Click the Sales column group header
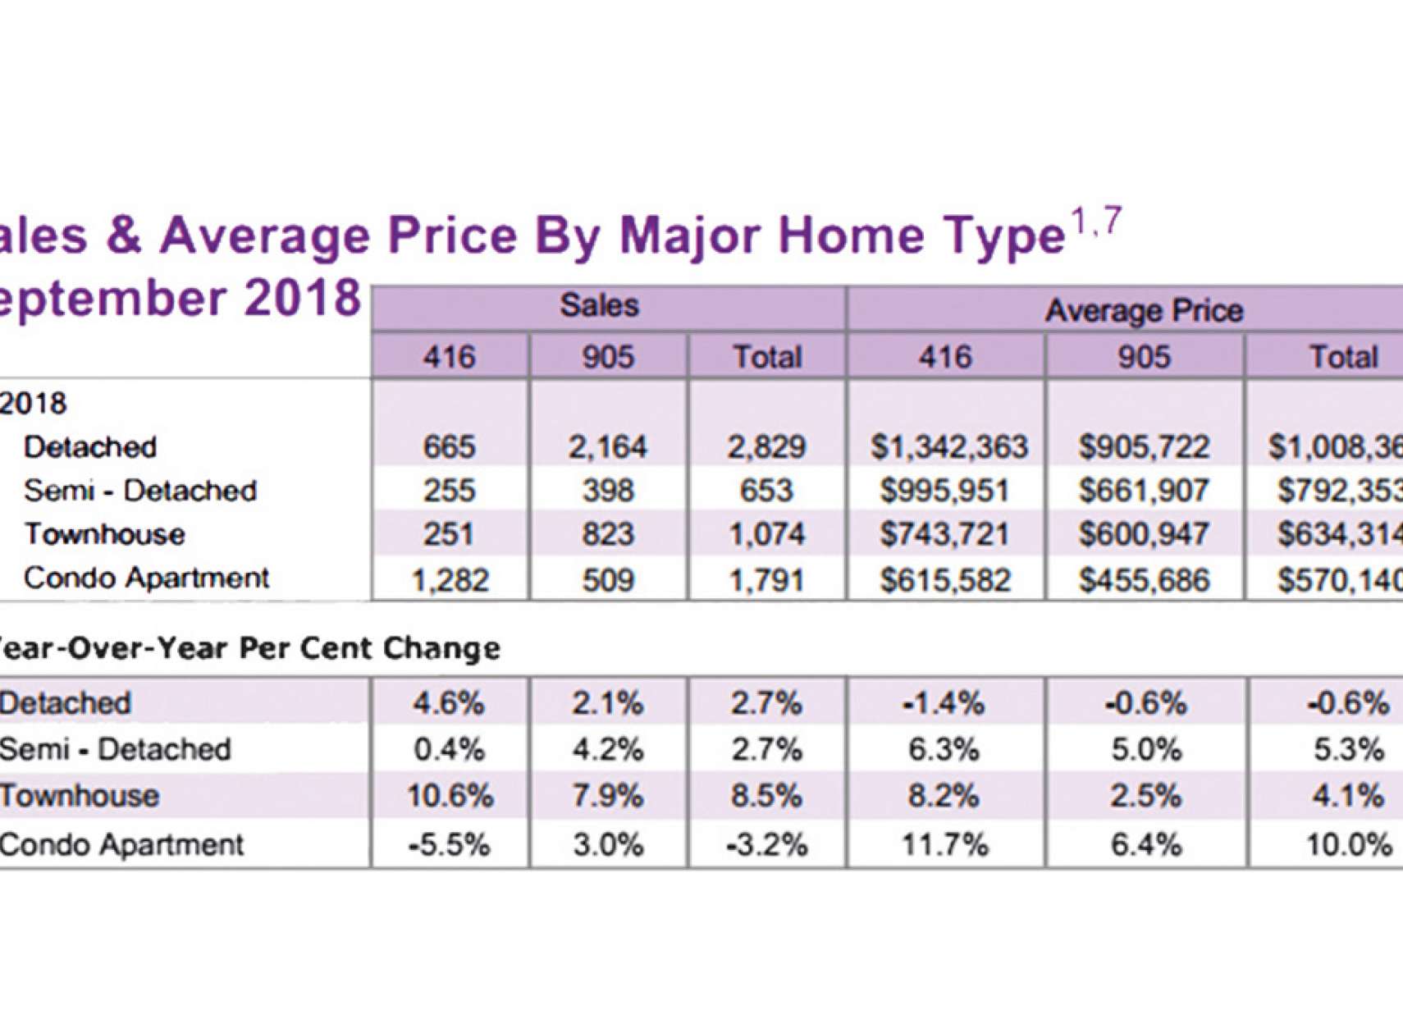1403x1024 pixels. (x=599, y=306)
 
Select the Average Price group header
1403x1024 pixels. (x=1144, y=311)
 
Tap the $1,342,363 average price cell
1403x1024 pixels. (x=948, y=447)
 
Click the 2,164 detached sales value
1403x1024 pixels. (x=607, y=447)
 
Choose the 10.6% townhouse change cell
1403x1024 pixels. (x=450, y=796)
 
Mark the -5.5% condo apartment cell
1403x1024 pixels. (x=450, y=844)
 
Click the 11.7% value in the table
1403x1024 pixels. (x=945, y=844)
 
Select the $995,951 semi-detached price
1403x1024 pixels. (x=945, y=491)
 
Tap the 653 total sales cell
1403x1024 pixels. (x=766, y=491)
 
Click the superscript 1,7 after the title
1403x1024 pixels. (x=1095, y=222)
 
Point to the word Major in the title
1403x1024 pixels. (x=690, y=235)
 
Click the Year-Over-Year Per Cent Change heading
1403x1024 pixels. (x=246, y=648)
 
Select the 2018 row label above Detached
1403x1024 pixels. (x=33, y=404)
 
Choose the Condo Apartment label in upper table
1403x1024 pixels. (x=146, y=578)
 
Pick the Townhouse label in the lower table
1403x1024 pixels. (x=80, y=796)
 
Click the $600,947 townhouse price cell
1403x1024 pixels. (x=1144, y=535)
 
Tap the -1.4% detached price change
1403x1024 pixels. (x=944, y=703)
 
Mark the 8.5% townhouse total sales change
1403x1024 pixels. (x=766, y=796)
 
